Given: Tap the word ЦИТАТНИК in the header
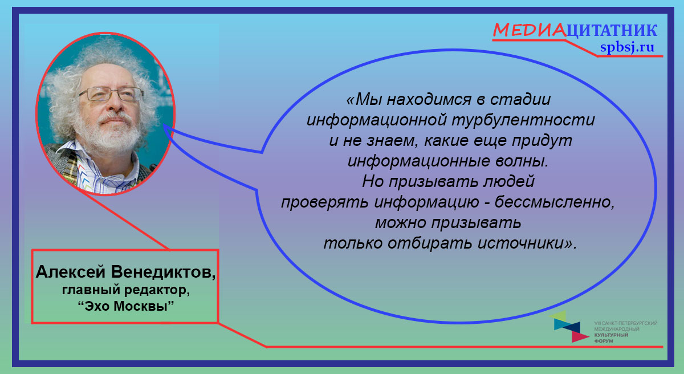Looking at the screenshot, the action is pos(612,31).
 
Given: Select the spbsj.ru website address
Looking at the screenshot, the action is pos(627,47).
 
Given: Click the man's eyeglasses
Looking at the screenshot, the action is pos(111,93).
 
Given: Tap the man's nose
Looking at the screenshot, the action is pos(115,103).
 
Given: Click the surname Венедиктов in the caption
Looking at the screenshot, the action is pos(164,272).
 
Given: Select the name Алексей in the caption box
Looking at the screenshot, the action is pos(71,272).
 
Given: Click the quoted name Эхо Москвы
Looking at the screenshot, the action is pos(126,306).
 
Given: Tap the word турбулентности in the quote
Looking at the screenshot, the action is pos(523,120).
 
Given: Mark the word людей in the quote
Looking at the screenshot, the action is pos(509,182).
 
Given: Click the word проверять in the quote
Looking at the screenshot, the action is pos(324,202).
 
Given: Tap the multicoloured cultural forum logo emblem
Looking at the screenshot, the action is pos(568,326).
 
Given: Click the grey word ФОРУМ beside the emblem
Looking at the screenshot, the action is pos(604,341).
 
